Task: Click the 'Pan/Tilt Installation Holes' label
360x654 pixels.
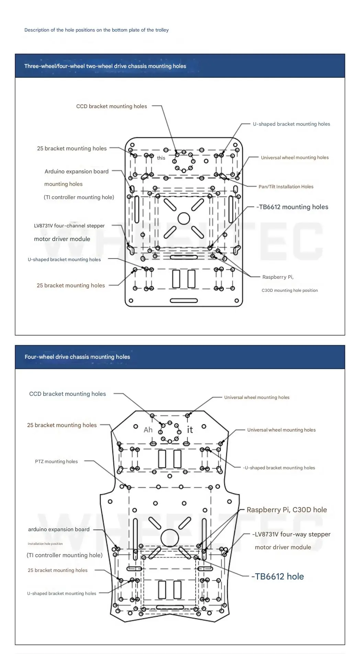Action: click(x=286, y=187)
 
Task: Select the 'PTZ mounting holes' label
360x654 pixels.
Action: click(x=56, y=461)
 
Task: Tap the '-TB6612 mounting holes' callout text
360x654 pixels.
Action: click(x=292, y=207)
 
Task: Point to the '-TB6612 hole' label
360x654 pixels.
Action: click(x=278, y=576)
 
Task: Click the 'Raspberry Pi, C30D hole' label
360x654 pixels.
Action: click(x=287, y=510)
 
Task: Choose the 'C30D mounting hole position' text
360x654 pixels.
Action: click(x=290, y=290)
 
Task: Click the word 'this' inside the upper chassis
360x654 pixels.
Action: click(x=161, y=158)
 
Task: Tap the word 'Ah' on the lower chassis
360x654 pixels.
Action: click(x=148, y=430)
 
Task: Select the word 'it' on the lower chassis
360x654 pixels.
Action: click(x=190, y=429)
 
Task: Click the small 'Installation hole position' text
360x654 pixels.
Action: click(x=45, y=544)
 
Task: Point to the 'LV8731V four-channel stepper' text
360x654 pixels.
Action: click(x=69, y=226)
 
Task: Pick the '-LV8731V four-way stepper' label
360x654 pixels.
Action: click(x=291, y=534)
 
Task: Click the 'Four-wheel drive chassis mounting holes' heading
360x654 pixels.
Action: click(x=77, y=357)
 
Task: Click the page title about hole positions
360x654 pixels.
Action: click(x=97, y=30)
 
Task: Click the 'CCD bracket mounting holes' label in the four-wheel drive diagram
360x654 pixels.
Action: click(x=68, y=394)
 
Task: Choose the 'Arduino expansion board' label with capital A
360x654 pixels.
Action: click(x=77, y=171)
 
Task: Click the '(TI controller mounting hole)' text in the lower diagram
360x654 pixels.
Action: click(x=65, y=555)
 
